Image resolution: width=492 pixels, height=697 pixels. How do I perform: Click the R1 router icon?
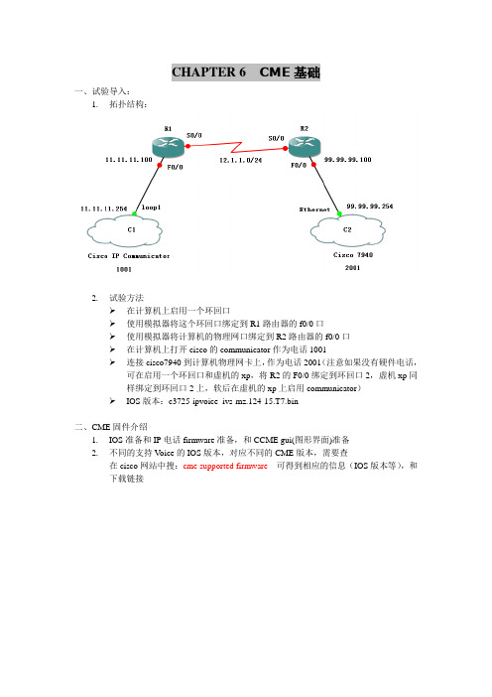[x=168, y=146]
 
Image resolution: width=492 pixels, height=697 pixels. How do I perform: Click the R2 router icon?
[x=305, y=146]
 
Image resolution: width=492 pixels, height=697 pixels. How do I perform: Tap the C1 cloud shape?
[x=125, y=230]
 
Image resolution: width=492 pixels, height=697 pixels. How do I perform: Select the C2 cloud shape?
[x=348, y=229]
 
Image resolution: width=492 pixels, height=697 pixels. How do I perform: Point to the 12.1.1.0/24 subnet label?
[x=240, y=160]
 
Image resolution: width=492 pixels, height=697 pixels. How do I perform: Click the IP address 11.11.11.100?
[x=129, y=160]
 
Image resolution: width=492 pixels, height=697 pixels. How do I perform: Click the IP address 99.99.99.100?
[x=348, y=160]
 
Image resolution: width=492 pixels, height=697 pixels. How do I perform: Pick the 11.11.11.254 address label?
[x=104, y=209]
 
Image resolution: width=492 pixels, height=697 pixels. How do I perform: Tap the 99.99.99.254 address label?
[x=370, y=207]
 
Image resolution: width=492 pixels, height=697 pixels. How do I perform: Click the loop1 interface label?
[x=151, y=208]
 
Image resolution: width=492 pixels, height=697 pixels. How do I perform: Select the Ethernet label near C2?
[x=314, y=209]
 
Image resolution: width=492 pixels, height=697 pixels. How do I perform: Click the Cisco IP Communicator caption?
[x=129, y=256]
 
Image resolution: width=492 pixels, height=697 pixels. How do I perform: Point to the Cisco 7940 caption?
[x=353, y=255]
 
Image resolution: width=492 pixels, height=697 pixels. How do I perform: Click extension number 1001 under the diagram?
[x=124, y=269]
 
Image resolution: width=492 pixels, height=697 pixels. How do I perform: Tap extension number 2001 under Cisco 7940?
[x=352, y=268]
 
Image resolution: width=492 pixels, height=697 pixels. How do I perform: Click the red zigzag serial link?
[x=237, y=147]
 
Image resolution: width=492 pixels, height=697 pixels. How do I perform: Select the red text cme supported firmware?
[x=225, y=466]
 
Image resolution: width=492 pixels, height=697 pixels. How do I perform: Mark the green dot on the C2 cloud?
[x=339, y=214]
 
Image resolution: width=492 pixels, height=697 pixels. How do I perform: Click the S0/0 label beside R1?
[x=194, y=135]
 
